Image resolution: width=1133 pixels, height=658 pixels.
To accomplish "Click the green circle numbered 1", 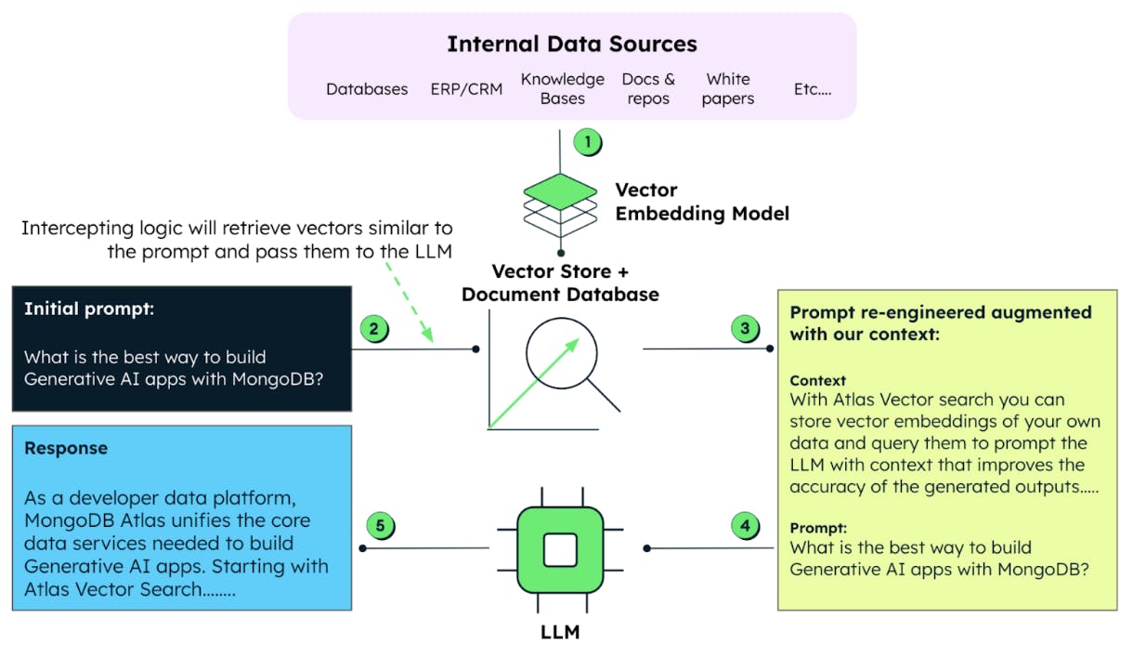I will (587, 143).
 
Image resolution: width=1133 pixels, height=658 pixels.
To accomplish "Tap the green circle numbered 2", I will (373, 329).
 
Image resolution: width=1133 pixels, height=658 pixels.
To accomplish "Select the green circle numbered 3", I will (745, 329).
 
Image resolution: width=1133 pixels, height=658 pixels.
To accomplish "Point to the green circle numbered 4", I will (745, 527).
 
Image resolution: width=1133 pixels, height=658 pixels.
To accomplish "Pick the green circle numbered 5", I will (379, 526).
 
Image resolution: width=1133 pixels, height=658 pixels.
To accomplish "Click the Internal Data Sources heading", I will (571, 44).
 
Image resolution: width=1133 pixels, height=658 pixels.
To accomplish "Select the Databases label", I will (367, 89).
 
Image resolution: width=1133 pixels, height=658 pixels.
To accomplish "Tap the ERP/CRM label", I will (466, 89).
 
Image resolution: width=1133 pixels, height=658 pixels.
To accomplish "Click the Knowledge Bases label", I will (562, 88).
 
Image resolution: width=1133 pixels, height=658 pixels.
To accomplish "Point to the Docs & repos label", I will (648, 88).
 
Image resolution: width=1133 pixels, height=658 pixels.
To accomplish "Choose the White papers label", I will (728, 88).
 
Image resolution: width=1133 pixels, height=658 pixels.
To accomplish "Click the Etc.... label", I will (812, 89).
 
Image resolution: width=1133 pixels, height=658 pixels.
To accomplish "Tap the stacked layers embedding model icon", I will (559, 205).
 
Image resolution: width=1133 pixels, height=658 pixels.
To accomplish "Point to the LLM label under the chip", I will (559, 632).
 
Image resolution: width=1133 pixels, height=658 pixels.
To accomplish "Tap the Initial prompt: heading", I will (89, 309).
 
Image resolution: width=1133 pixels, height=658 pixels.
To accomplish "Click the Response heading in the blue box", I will (66, 448).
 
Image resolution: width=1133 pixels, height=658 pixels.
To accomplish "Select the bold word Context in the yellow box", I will (817, 380).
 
